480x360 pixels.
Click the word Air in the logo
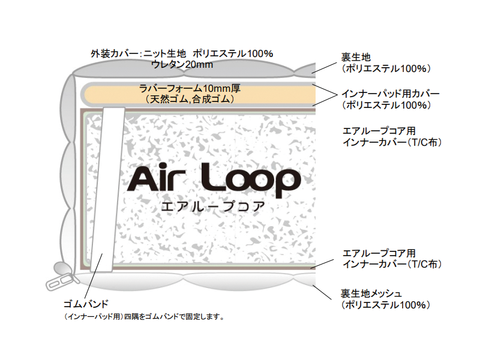coord(157,179)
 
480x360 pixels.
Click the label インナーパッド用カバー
coord(391,94)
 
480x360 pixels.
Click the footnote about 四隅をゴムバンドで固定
coord(144,316)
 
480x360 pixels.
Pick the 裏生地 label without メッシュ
coord(355,58)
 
